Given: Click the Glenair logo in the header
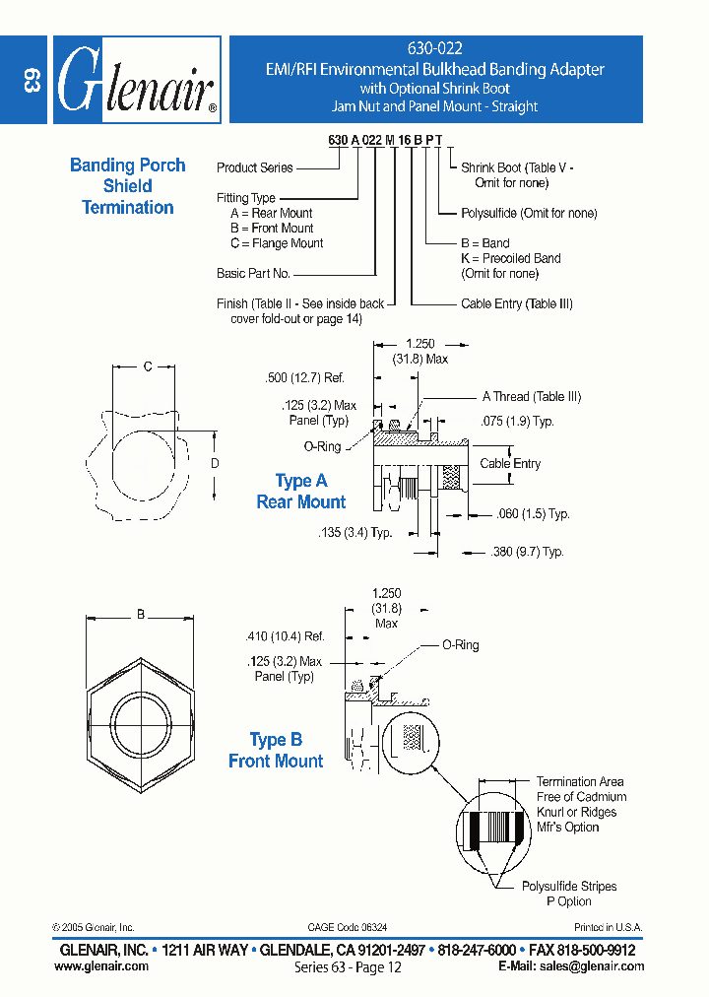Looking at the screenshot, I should [135, 80].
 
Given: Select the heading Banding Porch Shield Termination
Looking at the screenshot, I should [128, 186].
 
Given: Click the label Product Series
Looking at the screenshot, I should [255, 168].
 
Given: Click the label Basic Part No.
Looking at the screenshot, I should [253, 274].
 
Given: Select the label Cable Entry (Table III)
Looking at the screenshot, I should [516, 304].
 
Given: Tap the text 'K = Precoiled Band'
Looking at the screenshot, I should [510, 259].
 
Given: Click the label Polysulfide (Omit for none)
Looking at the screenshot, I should [529, 214].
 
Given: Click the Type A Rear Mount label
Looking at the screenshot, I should [300, 492].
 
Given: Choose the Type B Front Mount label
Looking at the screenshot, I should [276, 751].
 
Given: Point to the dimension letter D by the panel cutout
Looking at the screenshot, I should [215, 463].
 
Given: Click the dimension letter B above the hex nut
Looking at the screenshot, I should [141, 615].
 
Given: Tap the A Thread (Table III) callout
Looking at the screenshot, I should [531, 397].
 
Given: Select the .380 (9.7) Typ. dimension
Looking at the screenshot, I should [526, 553].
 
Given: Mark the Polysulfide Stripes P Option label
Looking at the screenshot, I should [569, 894].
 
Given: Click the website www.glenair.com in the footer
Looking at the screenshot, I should [101, 966].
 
